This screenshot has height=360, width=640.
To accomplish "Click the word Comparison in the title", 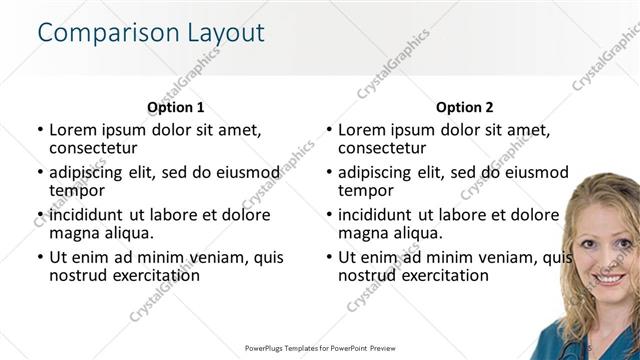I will tap(97, 33).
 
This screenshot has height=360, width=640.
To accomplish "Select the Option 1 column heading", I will tap(175, 107).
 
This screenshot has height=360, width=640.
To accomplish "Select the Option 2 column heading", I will tap(464, 107).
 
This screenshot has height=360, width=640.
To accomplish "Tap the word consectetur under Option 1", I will tap(93, 148).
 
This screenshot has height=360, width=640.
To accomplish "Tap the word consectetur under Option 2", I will tap(383, 148).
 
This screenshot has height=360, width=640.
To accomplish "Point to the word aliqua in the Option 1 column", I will tap(127, 233).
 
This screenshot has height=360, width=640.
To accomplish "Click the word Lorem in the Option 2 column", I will tap(362, 129).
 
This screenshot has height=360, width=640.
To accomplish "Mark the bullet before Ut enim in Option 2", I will tap(329, 256).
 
